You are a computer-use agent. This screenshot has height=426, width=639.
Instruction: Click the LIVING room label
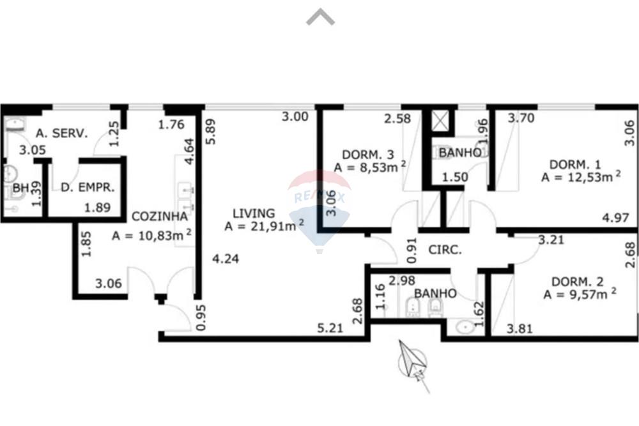click(x=254, y=213)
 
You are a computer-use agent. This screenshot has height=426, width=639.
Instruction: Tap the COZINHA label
click(x=160, y=216)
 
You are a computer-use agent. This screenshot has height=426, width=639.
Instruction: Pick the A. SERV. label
click(x=61, y=133)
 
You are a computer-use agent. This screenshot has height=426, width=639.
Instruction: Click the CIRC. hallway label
click(x=445, y=250)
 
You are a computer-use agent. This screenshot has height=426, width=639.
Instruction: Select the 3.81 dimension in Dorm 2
click(x=520, y=329)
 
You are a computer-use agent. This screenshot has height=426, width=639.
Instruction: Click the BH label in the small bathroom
click(x=20, y=188)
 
